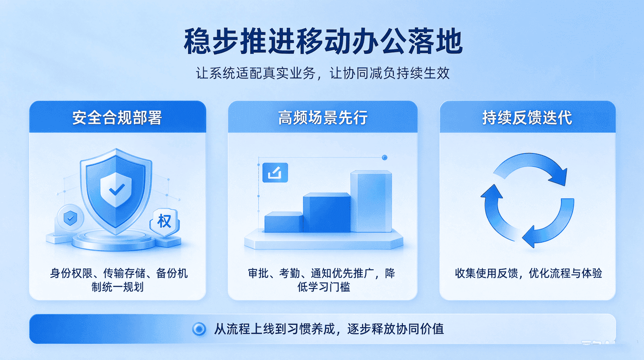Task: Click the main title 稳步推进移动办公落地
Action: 323,41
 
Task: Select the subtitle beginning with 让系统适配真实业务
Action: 323,73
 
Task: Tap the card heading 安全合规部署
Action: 117,117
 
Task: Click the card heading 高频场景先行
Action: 323,117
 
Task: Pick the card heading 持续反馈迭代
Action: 527,117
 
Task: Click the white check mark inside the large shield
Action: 116,189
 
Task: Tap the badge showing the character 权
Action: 165,222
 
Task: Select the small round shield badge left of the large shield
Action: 70,218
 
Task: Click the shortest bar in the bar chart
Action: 283,222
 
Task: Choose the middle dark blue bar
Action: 327,212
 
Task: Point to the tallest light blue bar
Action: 371,201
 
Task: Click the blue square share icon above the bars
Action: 275,173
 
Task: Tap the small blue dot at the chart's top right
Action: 385,158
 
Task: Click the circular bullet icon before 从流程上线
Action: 199,329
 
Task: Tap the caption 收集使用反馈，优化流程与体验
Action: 528,273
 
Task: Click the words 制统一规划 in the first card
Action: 117,287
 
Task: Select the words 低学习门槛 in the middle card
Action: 324,287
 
